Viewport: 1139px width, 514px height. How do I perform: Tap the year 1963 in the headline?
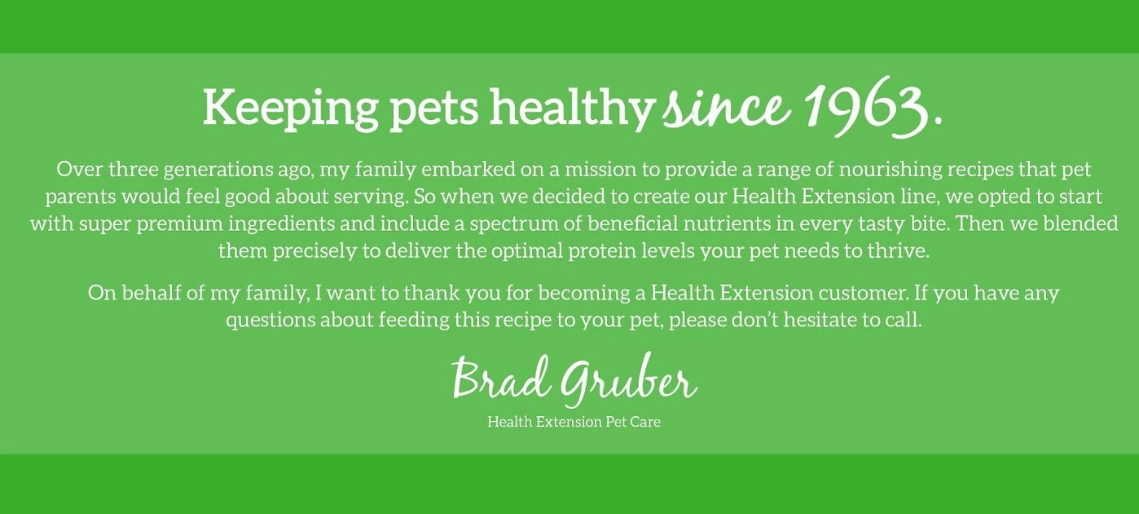pyautogui.click(x=865, y=108)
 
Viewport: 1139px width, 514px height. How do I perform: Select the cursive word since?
pyautogui.click(x=726, y=109)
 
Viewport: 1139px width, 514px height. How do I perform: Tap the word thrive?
pyautogui.click(x=898, y=250)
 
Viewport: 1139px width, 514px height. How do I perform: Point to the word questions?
pyautogui.click(x=270, y=320)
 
